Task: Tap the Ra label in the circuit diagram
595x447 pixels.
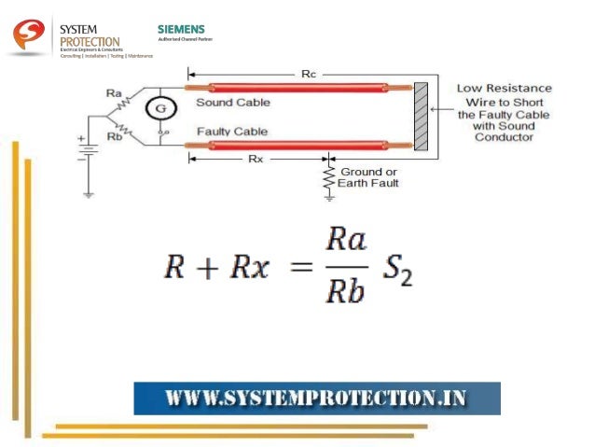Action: coord(115,92)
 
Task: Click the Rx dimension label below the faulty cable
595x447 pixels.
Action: coord(256,159)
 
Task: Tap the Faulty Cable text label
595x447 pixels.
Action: coord(231,132)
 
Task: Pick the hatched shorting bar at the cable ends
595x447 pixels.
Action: coord(421,117)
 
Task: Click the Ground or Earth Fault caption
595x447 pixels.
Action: coord(369,177)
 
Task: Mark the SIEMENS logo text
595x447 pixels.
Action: coord(181,30)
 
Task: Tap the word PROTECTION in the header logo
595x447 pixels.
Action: coord(90,42)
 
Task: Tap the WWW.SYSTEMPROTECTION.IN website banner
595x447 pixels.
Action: coord(317,398)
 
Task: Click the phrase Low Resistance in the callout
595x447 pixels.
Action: coord(504,89)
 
